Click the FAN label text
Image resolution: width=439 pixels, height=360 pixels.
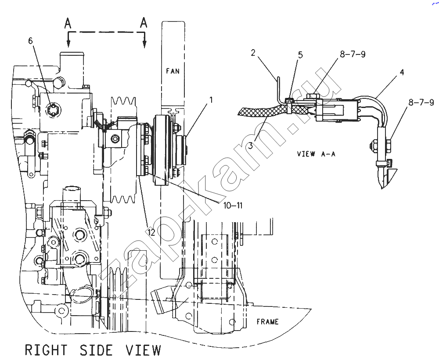click(x=173, y=71)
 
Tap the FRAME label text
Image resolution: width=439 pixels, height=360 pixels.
click(x=268, y=322)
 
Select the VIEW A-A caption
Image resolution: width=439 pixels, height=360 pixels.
click(x=316, y=154)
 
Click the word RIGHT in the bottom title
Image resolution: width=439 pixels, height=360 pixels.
click(x=46, y=350)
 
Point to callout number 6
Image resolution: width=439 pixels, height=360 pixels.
click(x=30, y=41)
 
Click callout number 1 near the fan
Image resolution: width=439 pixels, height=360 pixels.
click(x=211, y=100)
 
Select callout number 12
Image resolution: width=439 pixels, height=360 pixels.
click(x=151, y=232)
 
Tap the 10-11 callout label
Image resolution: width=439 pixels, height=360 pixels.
click(x=233, y=206)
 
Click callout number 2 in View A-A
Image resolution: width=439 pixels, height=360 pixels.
click(x=253, y=53)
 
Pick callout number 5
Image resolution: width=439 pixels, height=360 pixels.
click(x=300, y=55)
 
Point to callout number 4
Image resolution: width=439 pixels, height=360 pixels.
click(x=402, y=72)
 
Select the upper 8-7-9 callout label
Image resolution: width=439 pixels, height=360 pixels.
click(x=353, y=54)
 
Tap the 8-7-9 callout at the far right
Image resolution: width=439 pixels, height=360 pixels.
click(x=421, y=102)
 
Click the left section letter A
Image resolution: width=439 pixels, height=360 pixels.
click(x=68, y=23)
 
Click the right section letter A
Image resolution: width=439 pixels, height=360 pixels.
click(x=144, y=22)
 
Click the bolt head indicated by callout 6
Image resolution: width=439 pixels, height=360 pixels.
click(x=52, y=109)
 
